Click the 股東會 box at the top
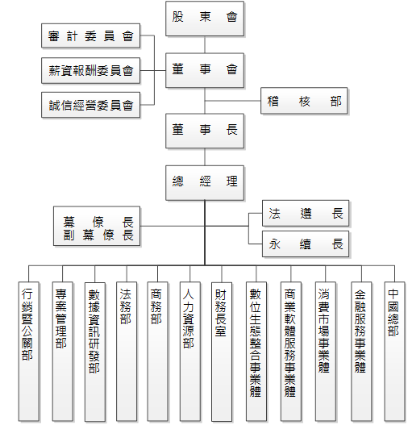click(205, 19)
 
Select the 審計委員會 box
click(91, 35)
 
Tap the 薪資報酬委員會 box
click(91, 70)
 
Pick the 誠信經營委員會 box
click(91, 105)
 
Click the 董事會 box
click(205, 70)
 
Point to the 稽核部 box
click(304, 101)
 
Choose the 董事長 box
click(205, 131)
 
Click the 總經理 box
click(205, 183)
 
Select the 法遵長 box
click(306, 213)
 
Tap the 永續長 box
click(306, 244)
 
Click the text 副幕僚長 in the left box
click(98, 235)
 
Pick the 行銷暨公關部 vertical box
click(29, 352)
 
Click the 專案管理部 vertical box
click(63, 352)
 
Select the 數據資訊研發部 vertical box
click(95, 352)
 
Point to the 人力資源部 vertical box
click(190, 352)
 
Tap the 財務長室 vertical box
click(222, 352)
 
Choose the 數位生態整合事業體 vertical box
click(256, 352)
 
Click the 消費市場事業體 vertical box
click(326, 352)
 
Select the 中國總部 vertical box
click(395, 352)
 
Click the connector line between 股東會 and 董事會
click(205, 44)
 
